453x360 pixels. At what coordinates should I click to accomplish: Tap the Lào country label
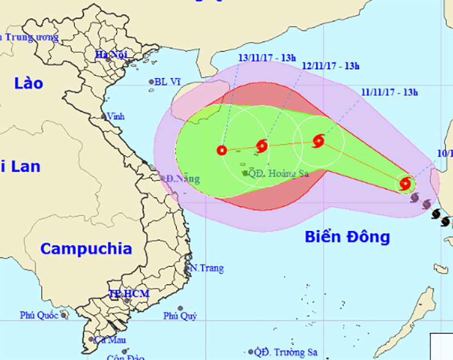click(x=29, y=84)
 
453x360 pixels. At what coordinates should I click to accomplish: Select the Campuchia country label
click(x=87, y=248)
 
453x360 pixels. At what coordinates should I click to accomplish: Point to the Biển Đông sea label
click(x=347, y=237)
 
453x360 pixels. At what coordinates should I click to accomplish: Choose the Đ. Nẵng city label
click(x=183, y=179)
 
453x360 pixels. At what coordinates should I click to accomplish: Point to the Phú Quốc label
click(x=39, y=315)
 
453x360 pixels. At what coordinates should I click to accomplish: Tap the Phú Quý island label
click(x=180, y=316)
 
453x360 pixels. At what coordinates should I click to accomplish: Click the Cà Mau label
click(x=109, y=340)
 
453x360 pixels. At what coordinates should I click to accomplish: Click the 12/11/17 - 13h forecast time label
click(x=331, y=66)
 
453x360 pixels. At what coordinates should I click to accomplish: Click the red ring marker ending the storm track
click(x=221, y=151)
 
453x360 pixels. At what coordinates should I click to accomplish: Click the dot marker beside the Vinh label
click(x=104, y=117)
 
